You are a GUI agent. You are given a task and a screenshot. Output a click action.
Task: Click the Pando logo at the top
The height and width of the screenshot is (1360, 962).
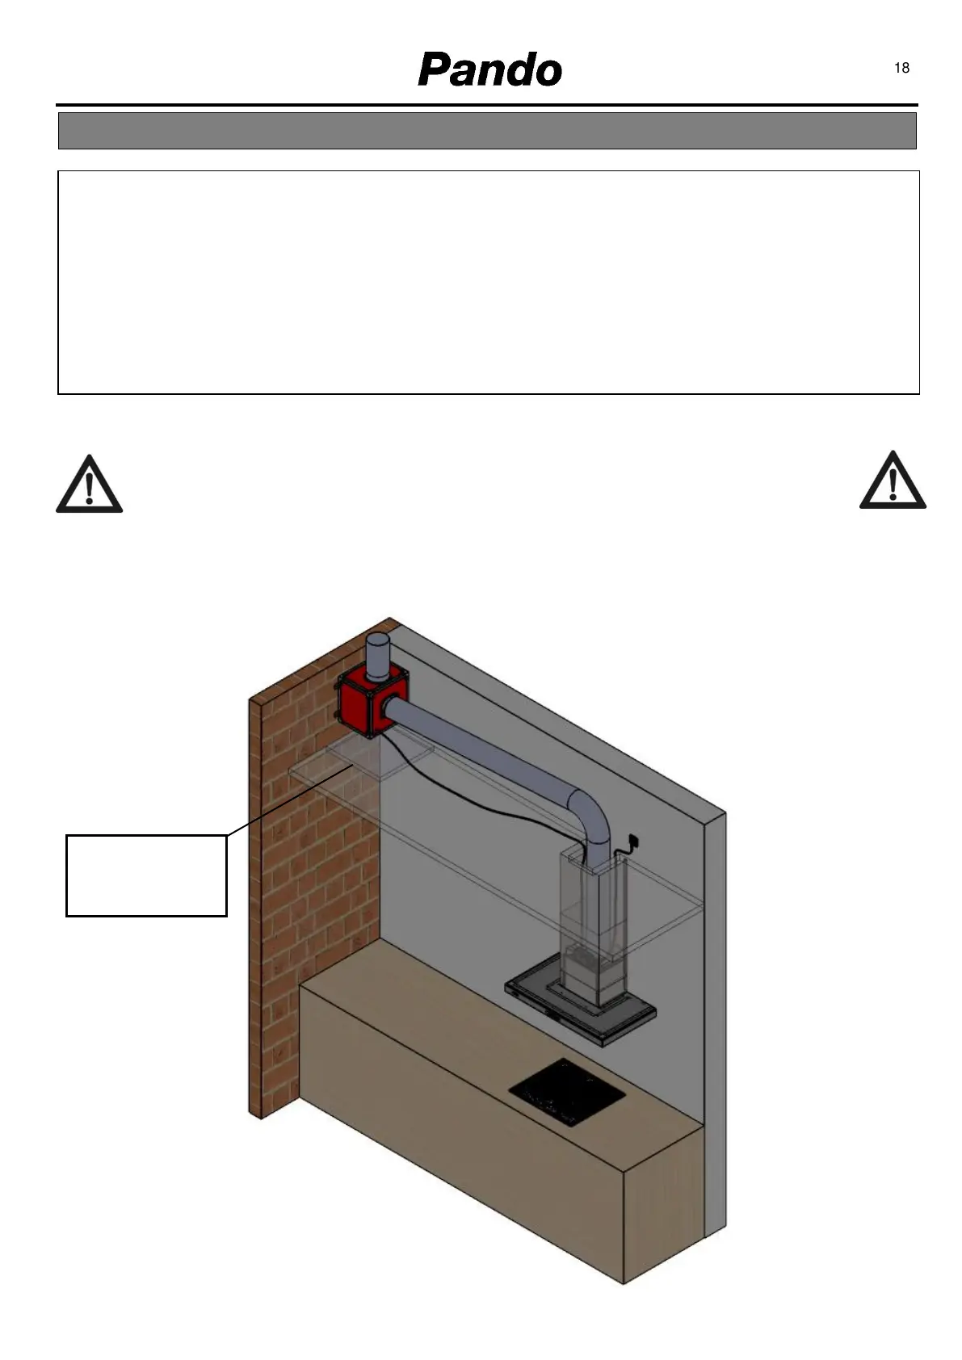(489, 70)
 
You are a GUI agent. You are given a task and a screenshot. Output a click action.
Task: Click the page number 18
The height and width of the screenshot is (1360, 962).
(901, 68)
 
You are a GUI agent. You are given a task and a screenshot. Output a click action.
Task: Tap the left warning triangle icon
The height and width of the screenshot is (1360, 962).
(89, 485)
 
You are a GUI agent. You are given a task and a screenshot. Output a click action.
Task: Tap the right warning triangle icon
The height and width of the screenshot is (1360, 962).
(893, 482)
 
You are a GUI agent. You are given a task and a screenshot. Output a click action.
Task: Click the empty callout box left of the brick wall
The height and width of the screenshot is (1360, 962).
(146, 875)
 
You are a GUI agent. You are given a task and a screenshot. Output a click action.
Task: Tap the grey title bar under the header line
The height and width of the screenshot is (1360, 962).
(487, 131)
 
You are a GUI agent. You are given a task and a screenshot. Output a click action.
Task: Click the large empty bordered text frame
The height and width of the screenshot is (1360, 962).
(489, 282)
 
